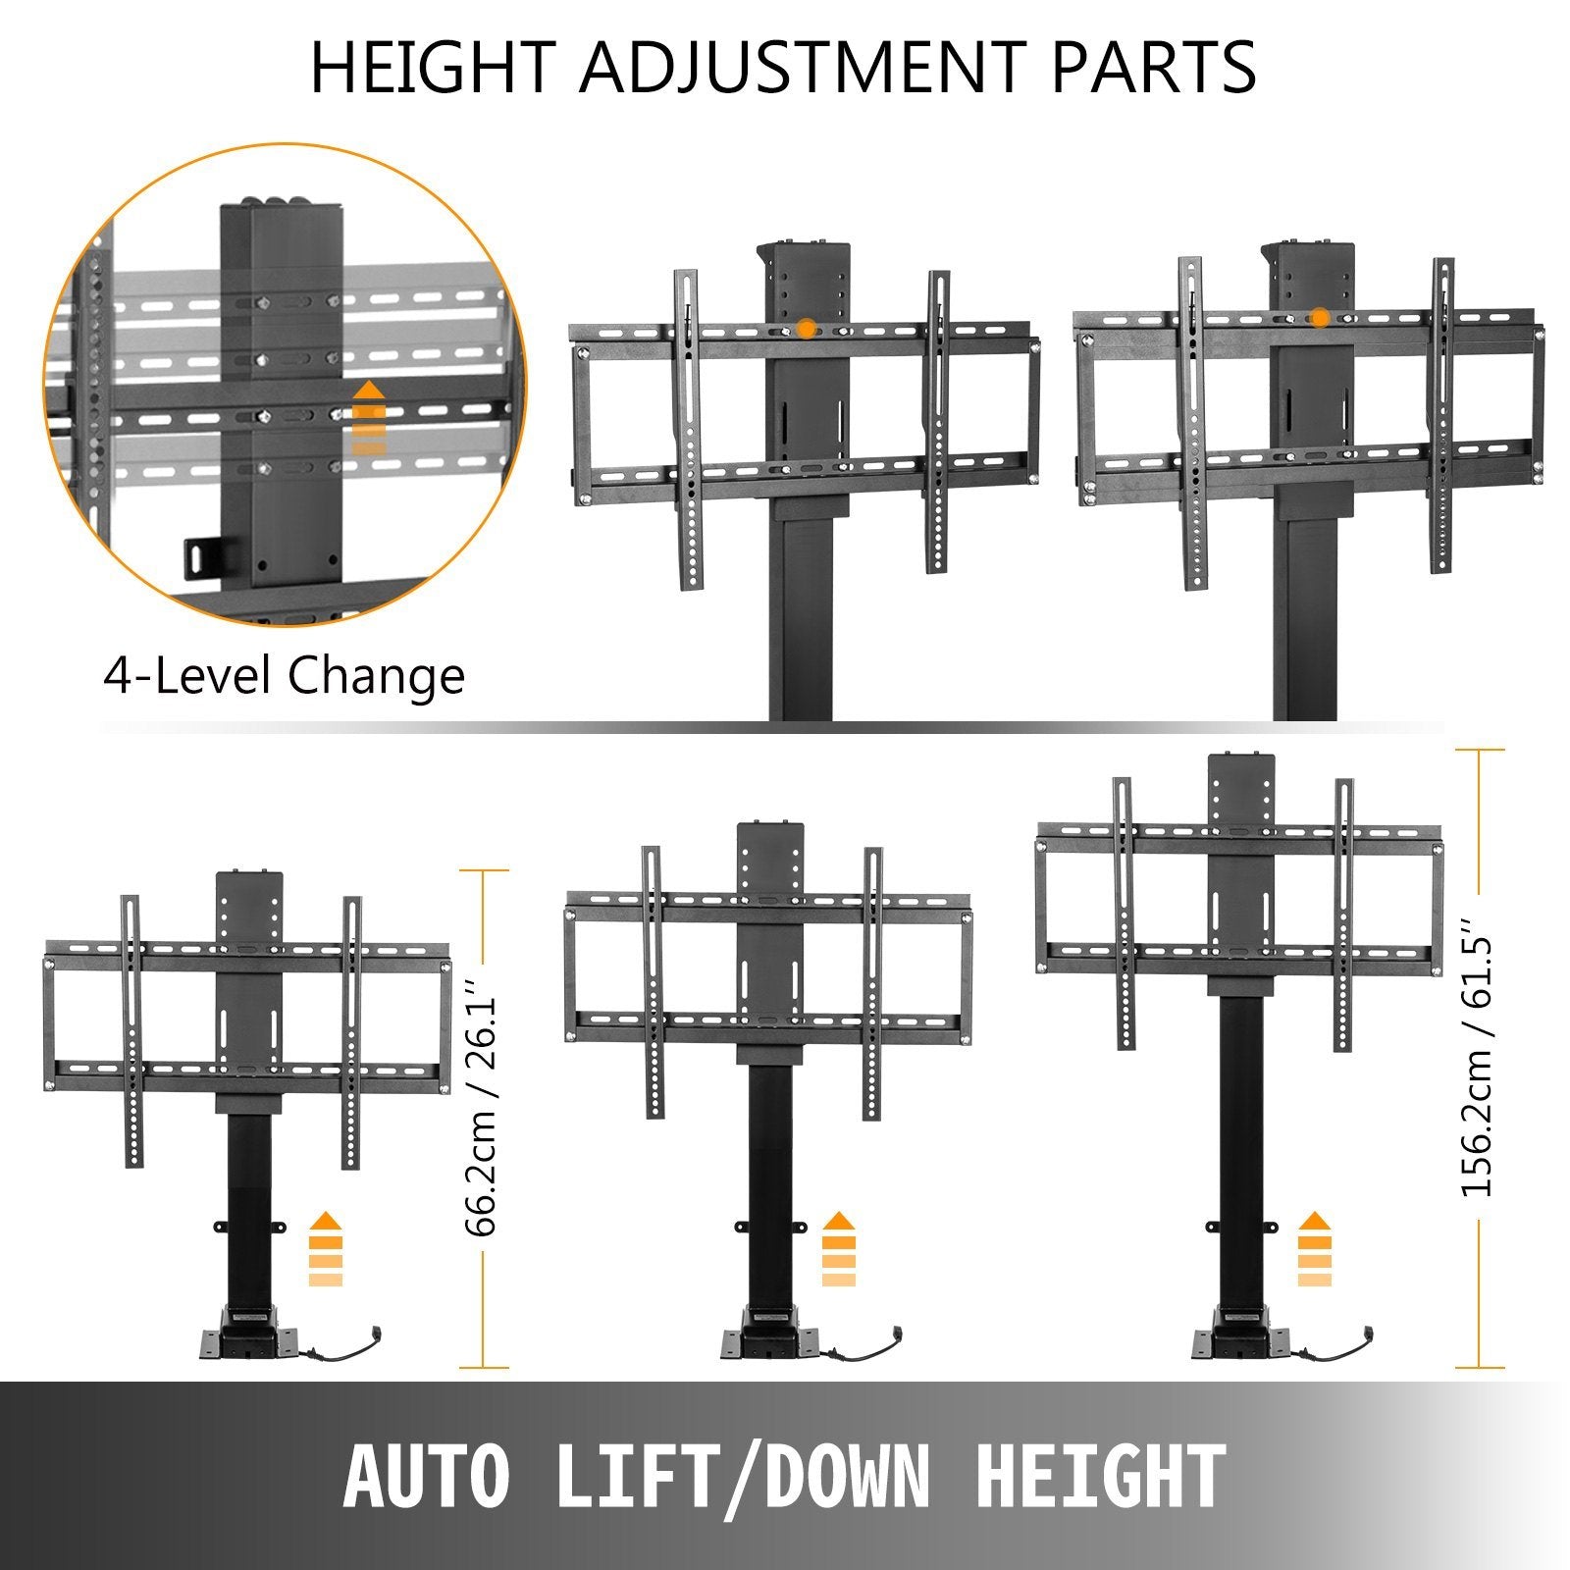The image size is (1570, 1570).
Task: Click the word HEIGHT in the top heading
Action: (x=432, y=67)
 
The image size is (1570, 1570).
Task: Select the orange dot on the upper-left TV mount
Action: (x=806, y=329)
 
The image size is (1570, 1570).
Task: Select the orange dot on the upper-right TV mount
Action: (x=1320, y=317)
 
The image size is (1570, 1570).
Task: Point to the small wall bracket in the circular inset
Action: (x=202, y=560)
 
